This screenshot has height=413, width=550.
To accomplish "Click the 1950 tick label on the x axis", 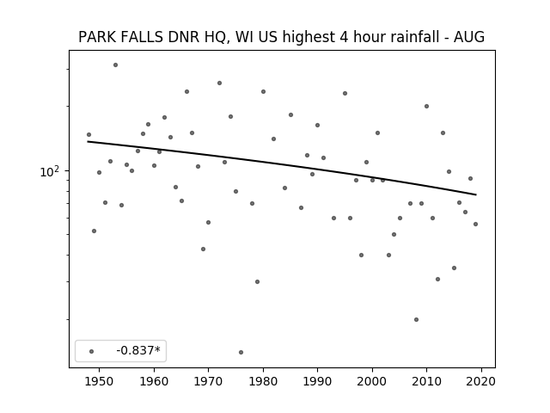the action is pos(100,381).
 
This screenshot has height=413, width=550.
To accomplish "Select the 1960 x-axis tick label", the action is pos(154,381).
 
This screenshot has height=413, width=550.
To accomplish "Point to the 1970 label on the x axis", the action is pos(208,381).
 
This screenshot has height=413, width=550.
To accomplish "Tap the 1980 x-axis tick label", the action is pos(263,381).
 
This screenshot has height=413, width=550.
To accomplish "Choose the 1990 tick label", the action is pos(317,381).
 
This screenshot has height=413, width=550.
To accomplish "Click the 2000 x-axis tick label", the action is pos(372,381).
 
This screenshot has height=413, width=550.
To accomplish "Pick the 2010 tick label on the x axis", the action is pos(426,381).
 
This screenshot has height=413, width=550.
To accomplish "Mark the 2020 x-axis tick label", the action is pos(481,381).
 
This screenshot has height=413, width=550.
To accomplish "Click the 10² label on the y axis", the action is pos(50,171).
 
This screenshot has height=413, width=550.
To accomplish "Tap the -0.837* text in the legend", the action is pos(138,350).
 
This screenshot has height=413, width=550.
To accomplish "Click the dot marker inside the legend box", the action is pos(91,351).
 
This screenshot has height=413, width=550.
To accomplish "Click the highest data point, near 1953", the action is pos(115,65).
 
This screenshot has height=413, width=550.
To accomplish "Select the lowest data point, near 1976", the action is pos(241,352).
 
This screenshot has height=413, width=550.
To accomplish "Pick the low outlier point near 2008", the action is pos(416,319).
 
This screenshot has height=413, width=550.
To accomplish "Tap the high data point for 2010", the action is pos(426,106).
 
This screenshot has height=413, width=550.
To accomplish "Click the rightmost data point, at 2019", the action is pos(475,224).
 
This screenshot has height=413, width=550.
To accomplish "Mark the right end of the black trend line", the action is pos(476,194).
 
